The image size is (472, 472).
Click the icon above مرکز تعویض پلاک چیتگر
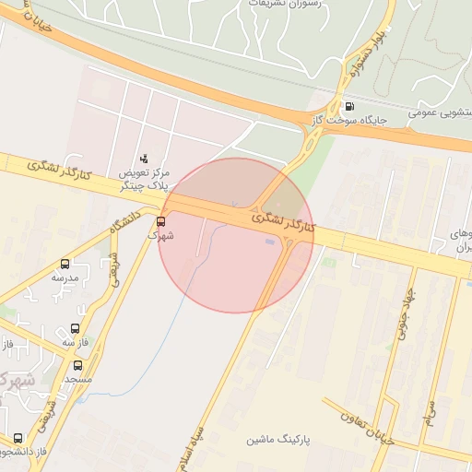point(143,159)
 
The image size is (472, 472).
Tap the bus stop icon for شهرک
point(161,221)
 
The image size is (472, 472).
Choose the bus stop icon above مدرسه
point(65,265)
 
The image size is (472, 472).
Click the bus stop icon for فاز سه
point(75,329)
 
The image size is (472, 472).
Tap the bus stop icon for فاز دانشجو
point(18,438)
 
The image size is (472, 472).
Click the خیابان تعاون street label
point(359,422)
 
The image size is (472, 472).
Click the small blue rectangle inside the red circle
point(268,242)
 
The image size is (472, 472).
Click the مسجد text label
point(77,379)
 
